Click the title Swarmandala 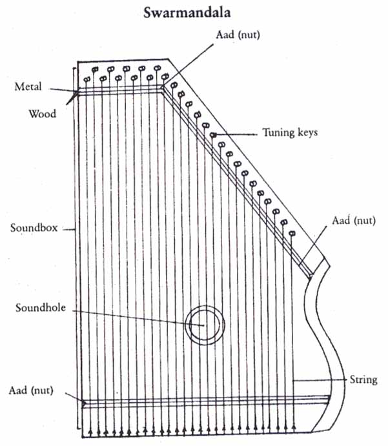tap(194, 12)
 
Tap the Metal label tap(28, 86)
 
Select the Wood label tap(42, 114)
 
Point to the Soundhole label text tap(40, 307)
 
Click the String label tap(363, 379)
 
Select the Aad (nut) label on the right tap(354, 220)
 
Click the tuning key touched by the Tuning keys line tap(213, 134)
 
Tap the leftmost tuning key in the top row tap(86, 79)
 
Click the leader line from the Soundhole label tap(129, 315)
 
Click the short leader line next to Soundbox tap(69, 228)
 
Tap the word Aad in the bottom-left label tap(19, 390)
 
